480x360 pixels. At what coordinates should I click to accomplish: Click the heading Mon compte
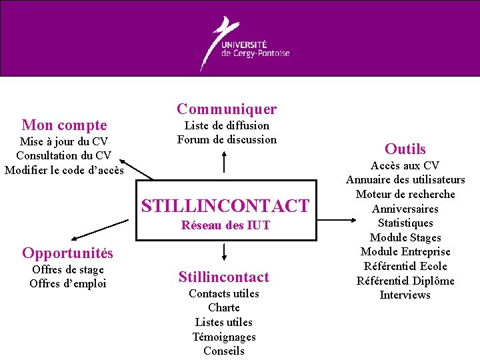64,125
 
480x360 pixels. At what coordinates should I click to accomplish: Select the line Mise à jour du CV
64,141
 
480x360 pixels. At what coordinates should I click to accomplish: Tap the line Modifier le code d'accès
64,170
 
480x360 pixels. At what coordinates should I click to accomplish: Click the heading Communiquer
226,109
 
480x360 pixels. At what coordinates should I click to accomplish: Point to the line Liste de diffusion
226,125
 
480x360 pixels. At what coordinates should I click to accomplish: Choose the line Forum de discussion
226,139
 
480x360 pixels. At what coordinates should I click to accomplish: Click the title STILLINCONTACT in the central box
225,205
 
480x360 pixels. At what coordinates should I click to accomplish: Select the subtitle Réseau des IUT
225,225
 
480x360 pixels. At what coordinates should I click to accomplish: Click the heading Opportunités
67,253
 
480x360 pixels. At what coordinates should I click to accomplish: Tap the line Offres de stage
68,269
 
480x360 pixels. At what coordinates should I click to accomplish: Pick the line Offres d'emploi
68,283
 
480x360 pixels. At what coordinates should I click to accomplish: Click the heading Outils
405,149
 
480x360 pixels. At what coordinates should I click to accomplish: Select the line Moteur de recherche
405,194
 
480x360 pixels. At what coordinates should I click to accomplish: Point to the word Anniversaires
405,209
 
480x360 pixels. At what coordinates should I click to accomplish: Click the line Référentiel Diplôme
405,281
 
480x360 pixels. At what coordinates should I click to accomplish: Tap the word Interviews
405,295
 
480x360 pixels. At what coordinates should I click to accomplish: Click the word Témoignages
224,337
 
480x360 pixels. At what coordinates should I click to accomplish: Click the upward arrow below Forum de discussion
224,161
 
